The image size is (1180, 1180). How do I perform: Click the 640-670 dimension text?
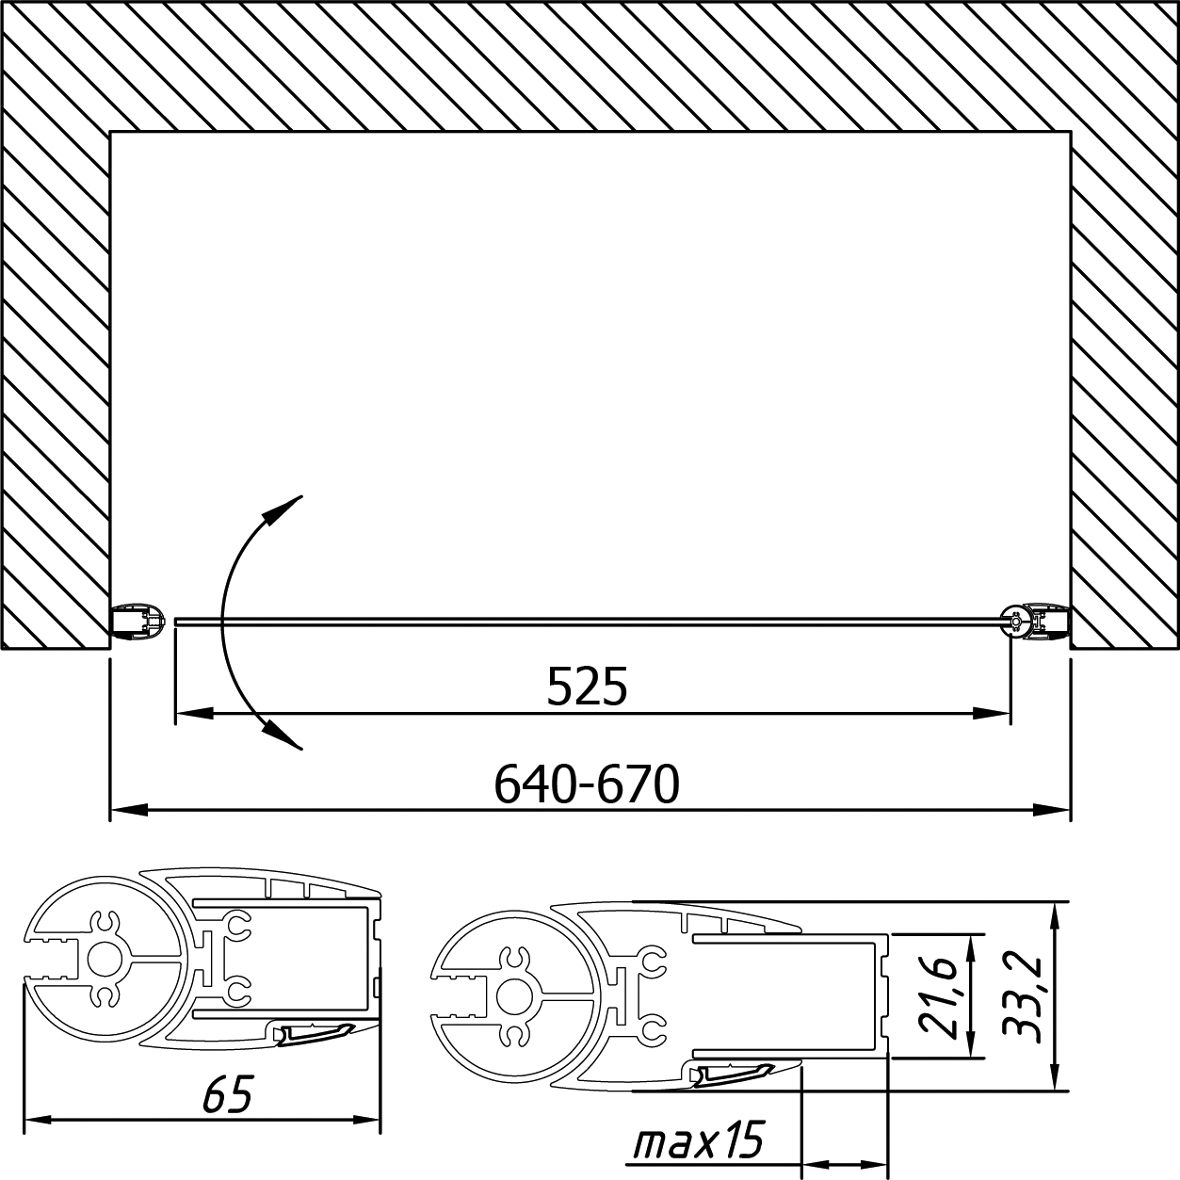pyautogui.click(x=587, y=784)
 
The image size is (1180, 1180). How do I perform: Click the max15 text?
pyautogui.click(x=699, y=1140)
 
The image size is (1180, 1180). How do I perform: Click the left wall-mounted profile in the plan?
pyautogui.click(x=138, y=622)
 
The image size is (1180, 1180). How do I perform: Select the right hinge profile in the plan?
pyautogui.click(x=1036, y=622)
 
